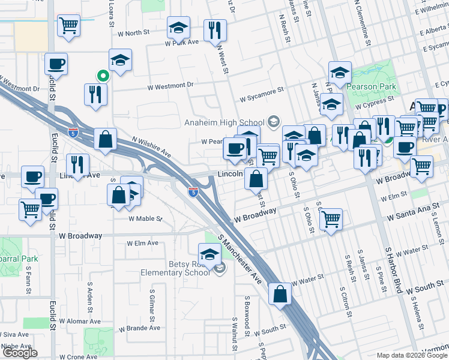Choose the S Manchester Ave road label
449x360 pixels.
(243, 254)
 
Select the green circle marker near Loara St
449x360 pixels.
(103, 76)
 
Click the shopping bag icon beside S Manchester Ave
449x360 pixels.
(280, 294)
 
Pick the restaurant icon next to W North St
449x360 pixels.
(215, 31)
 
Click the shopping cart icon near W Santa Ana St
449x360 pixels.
(330, 219)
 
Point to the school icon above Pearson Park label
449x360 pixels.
(340, 73)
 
